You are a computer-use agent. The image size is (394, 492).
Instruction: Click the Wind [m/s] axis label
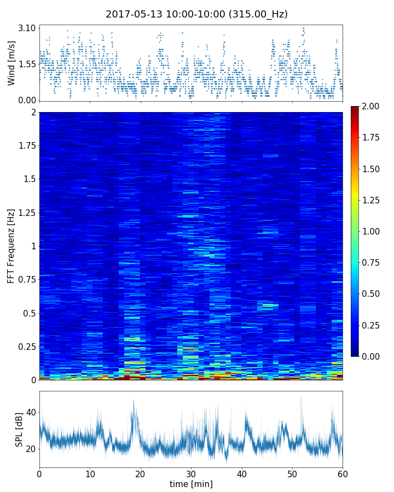coord(11,62)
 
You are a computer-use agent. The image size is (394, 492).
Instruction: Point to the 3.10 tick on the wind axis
coord(26,28)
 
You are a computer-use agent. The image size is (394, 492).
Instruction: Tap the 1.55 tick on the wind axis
coord(26,64)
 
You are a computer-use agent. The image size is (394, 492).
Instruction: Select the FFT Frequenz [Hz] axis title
coord(11,246)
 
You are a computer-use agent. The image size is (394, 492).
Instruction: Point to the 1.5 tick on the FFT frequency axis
coord(28,179)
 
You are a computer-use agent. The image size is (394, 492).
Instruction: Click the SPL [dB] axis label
coord(19,429)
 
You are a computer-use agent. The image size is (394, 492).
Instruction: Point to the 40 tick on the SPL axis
coord(30,412)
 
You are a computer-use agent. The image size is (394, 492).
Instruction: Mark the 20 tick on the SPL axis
coord(30,449)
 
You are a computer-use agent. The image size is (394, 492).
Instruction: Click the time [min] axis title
coord(191,484)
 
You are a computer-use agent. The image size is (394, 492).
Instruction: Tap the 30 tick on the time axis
coord(191,473)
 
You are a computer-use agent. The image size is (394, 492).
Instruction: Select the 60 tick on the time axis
coord(343,473)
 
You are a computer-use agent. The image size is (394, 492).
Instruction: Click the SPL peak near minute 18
coord(133,401)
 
